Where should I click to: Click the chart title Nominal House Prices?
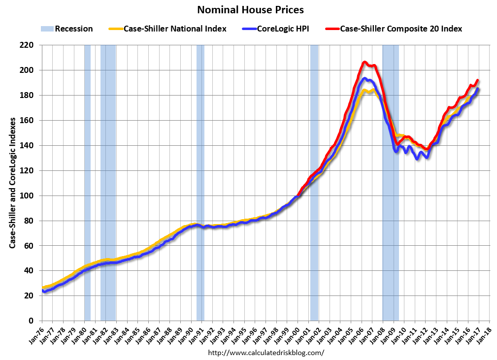250,10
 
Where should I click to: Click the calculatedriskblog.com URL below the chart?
266,353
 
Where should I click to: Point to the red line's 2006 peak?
364,62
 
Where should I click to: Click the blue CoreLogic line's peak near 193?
364,78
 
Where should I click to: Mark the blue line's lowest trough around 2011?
417,159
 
